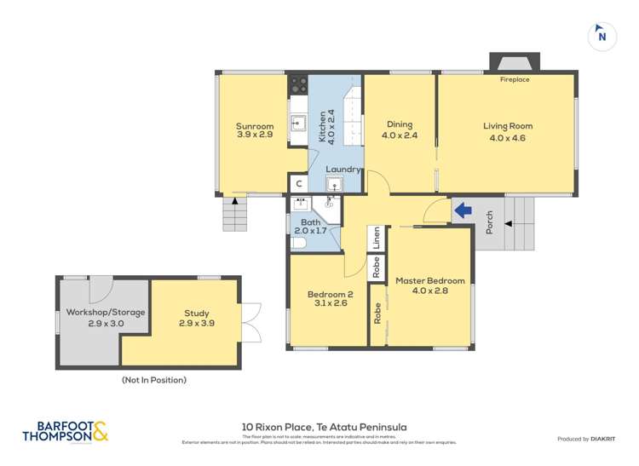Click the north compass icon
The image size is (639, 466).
coord(602,35)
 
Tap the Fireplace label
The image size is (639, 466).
coord(514,79)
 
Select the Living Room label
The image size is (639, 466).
coord(508,131)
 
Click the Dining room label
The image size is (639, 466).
coord(400,129)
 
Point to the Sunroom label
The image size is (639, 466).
coord(255,131)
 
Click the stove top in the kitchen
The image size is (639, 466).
coord(298,84)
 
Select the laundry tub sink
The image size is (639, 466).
coord(334,184)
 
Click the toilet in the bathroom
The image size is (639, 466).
coord(297,243)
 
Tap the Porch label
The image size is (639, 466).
coord(489,223)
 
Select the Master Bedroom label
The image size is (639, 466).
coord(429,285)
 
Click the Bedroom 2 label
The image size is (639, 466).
coord(327,300)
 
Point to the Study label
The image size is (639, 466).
coord(195,318)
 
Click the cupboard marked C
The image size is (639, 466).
coord(298,184)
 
